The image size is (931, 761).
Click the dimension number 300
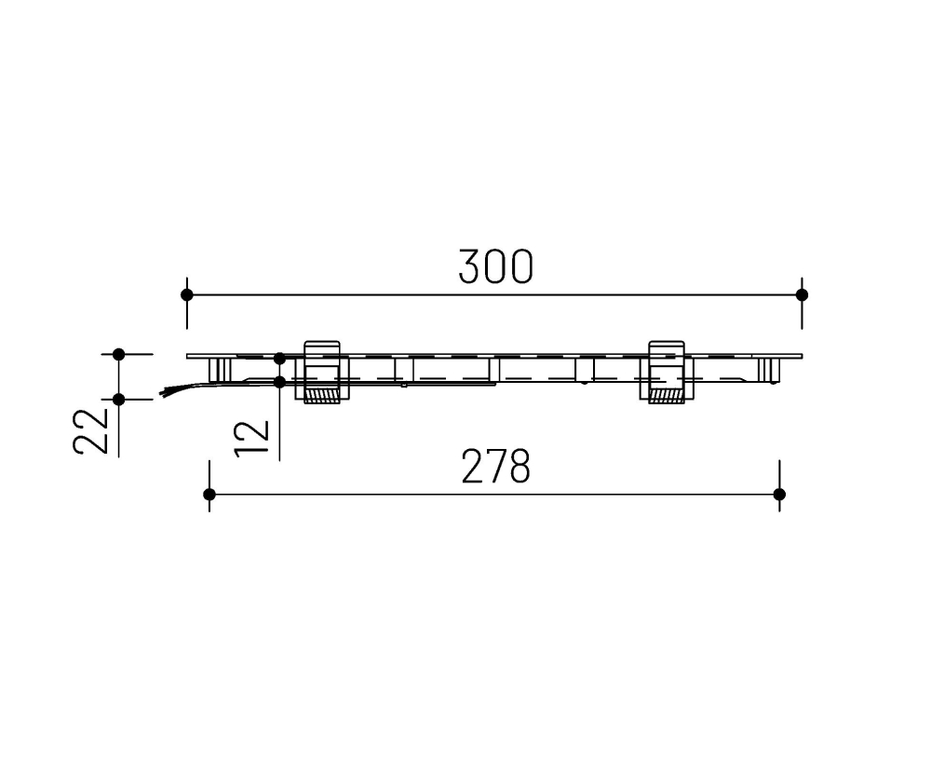496,267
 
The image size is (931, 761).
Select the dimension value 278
496,468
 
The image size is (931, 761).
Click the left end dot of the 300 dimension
187,294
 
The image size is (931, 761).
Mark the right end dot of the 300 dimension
802,294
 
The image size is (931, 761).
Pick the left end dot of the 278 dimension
209,494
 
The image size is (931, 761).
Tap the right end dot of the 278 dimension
779,494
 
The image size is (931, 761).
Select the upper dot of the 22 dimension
118,354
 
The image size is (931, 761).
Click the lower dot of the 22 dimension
118,399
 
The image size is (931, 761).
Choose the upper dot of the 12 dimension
279,358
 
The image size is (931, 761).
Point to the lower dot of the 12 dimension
279,381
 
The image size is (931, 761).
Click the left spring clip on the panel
321,371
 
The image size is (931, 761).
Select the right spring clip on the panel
665,371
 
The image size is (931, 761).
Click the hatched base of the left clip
321,397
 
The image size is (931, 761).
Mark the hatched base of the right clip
665,397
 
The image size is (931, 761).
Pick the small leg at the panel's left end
221,370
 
